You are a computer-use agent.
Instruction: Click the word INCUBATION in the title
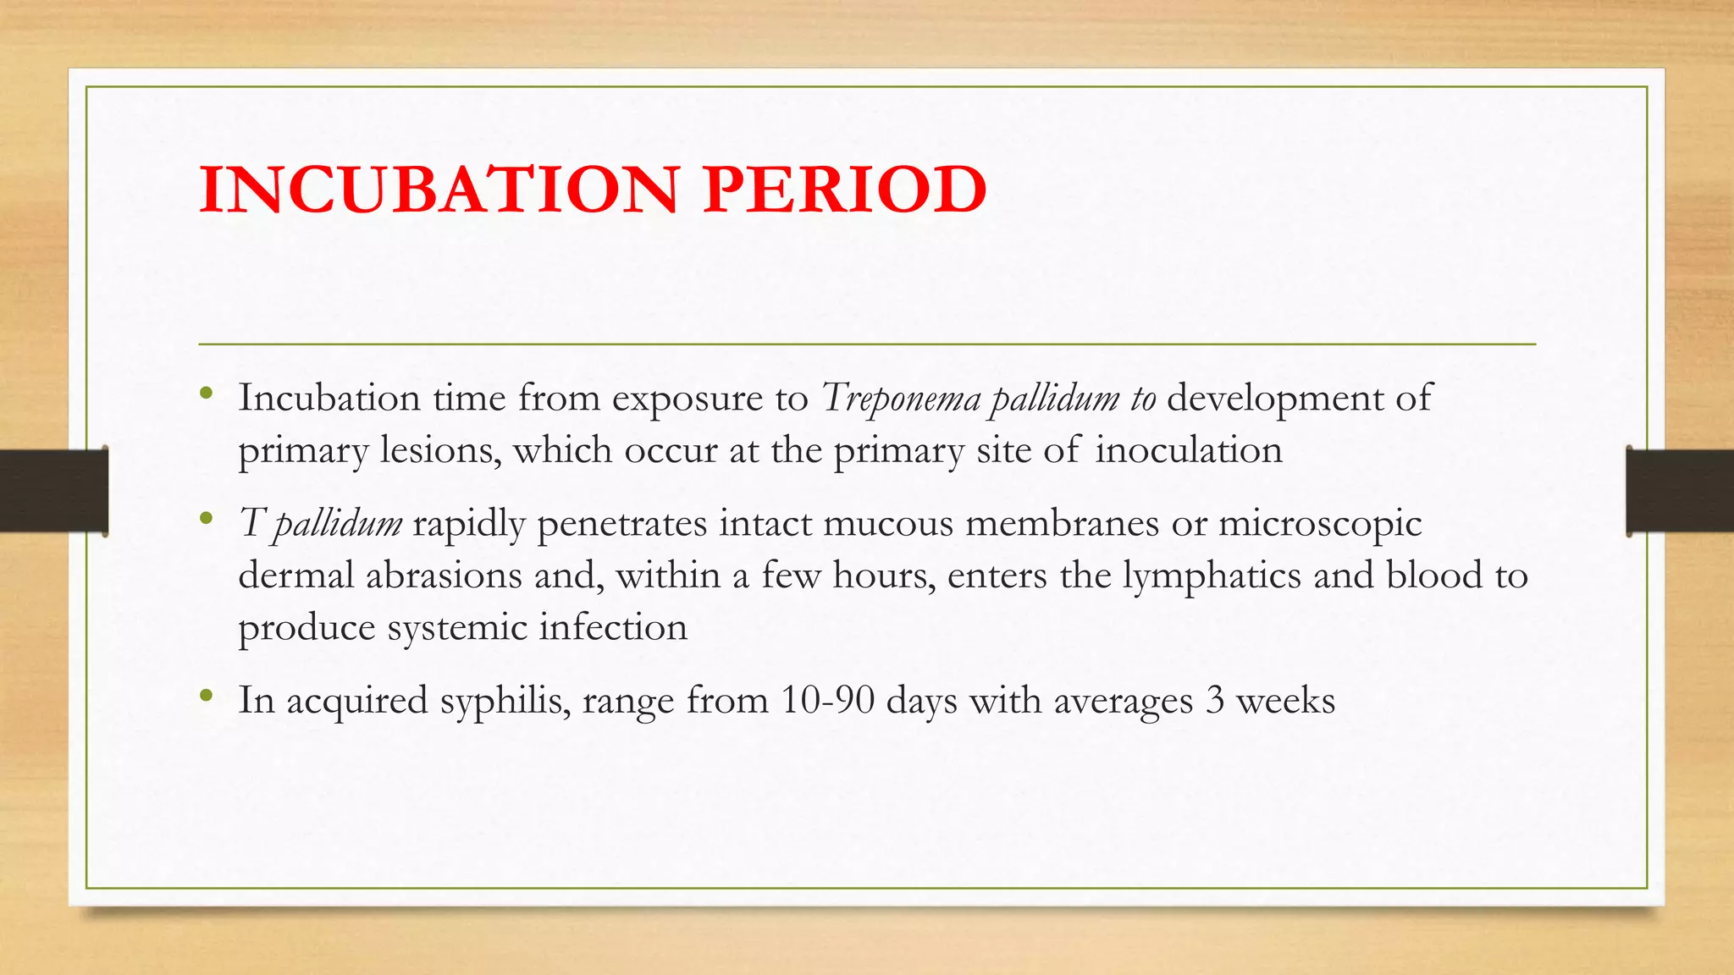pos(439,190)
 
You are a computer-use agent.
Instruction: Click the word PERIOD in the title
pos(844,190)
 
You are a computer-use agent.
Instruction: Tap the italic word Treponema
pos(901,399)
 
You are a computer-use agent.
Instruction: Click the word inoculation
pos(1189,449)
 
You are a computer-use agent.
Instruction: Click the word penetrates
pos(621,524)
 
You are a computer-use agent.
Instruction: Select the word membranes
pos(1062,524)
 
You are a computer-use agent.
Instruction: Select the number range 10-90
pos(827,701)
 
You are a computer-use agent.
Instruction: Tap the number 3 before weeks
pos(1214,701)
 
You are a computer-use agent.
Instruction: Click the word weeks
pos(1285,701)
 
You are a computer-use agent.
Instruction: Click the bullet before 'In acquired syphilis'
pos(206,697)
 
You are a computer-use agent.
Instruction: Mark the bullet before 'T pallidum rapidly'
pos(206,519)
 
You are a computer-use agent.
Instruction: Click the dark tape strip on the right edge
pos(1680,491)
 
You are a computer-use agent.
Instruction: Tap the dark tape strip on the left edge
pos(53,491)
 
